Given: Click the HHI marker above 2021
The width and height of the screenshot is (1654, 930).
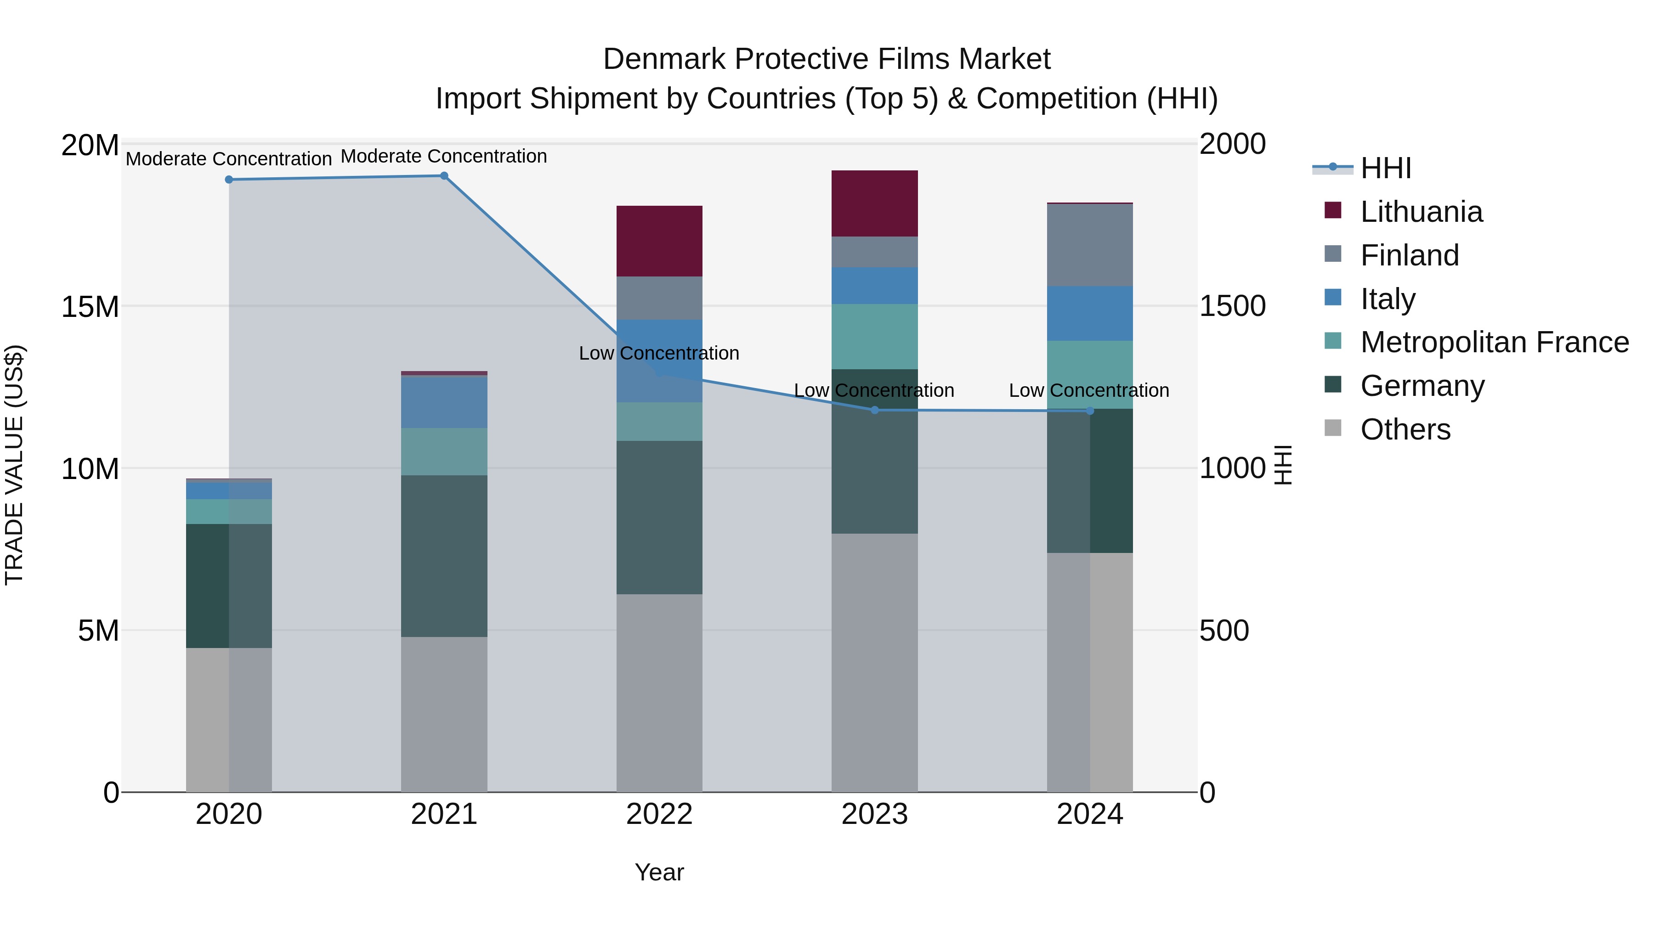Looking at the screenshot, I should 444,176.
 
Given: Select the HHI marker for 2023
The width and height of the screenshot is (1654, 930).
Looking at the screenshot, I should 874,410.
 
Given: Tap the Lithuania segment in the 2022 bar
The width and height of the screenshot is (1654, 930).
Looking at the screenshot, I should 659,241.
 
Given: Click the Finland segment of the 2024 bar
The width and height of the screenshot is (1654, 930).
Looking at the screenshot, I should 1090,245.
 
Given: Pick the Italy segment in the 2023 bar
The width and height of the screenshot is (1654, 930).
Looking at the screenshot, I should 874,286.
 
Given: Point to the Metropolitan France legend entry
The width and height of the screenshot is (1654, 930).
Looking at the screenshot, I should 1494,342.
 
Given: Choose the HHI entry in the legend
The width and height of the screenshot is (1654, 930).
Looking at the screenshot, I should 1386,168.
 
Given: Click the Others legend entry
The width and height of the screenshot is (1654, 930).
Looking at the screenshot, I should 1405,429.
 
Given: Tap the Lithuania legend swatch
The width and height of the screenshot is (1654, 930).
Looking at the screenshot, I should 1333,210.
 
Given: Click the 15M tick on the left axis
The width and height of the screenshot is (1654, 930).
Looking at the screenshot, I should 90,307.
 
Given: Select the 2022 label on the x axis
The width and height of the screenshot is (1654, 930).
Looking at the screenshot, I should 659,814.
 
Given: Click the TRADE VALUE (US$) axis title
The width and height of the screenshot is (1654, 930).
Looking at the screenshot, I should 14,465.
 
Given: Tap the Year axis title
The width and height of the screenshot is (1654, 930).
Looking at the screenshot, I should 659,872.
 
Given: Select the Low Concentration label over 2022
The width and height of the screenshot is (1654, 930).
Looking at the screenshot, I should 659,353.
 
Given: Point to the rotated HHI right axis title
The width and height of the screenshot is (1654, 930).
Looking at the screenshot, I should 1282,465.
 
